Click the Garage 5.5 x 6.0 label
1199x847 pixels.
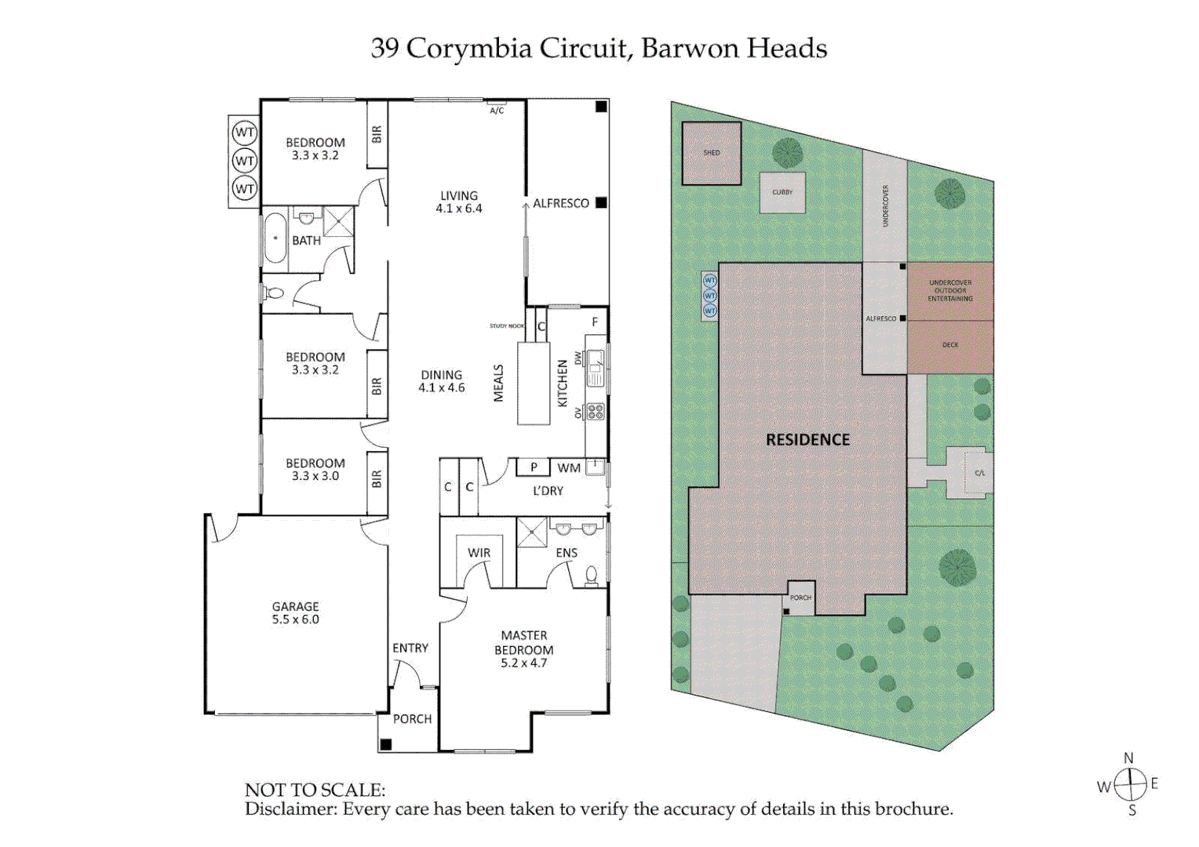295,613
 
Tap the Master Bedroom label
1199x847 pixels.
523,649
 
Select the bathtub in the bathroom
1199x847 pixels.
275,238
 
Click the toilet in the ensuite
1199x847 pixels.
592,576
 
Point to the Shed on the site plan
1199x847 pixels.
711,154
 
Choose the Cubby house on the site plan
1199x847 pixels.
782,193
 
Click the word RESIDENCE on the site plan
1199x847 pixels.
807,440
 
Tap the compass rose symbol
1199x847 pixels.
1131,783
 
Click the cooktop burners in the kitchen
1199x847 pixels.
596,411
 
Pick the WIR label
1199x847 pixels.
479,553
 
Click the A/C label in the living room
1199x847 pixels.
497,111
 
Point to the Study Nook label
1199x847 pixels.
507,326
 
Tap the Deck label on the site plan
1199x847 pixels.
950,345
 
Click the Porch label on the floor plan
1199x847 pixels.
412,718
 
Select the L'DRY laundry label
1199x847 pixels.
548,491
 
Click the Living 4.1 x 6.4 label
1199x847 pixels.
459,202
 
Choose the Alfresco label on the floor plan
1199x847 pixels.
560,203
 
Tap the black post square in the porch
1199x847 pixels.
385,744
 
